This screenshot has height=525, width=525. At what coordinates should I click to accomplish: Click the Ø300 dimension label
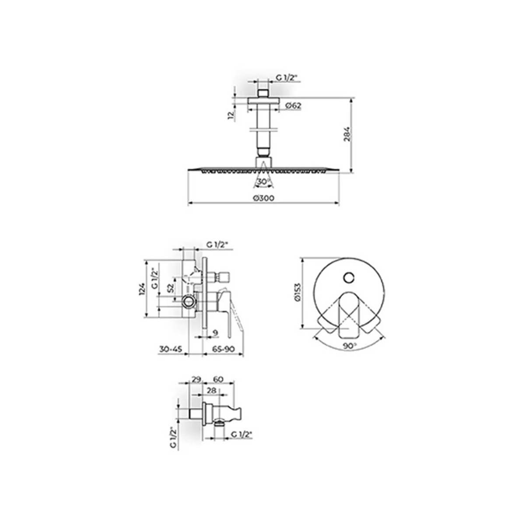(x=263, y=198)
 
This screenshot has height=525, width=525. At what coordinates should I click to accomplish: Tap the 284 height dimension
(x=347, y=134)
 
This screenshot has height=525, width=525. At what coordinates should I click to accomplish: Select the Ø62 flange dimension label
(x=294, y=105)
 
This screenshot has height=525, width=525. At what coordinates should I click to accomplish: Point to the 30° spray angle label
(x=263, y=182)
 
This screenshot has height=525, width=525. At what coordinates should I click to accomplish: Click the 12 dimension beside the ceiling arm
(x=231, y=115)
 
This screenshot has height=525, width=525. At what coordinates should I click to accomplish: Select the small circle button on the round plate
(x=348, y=278)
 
